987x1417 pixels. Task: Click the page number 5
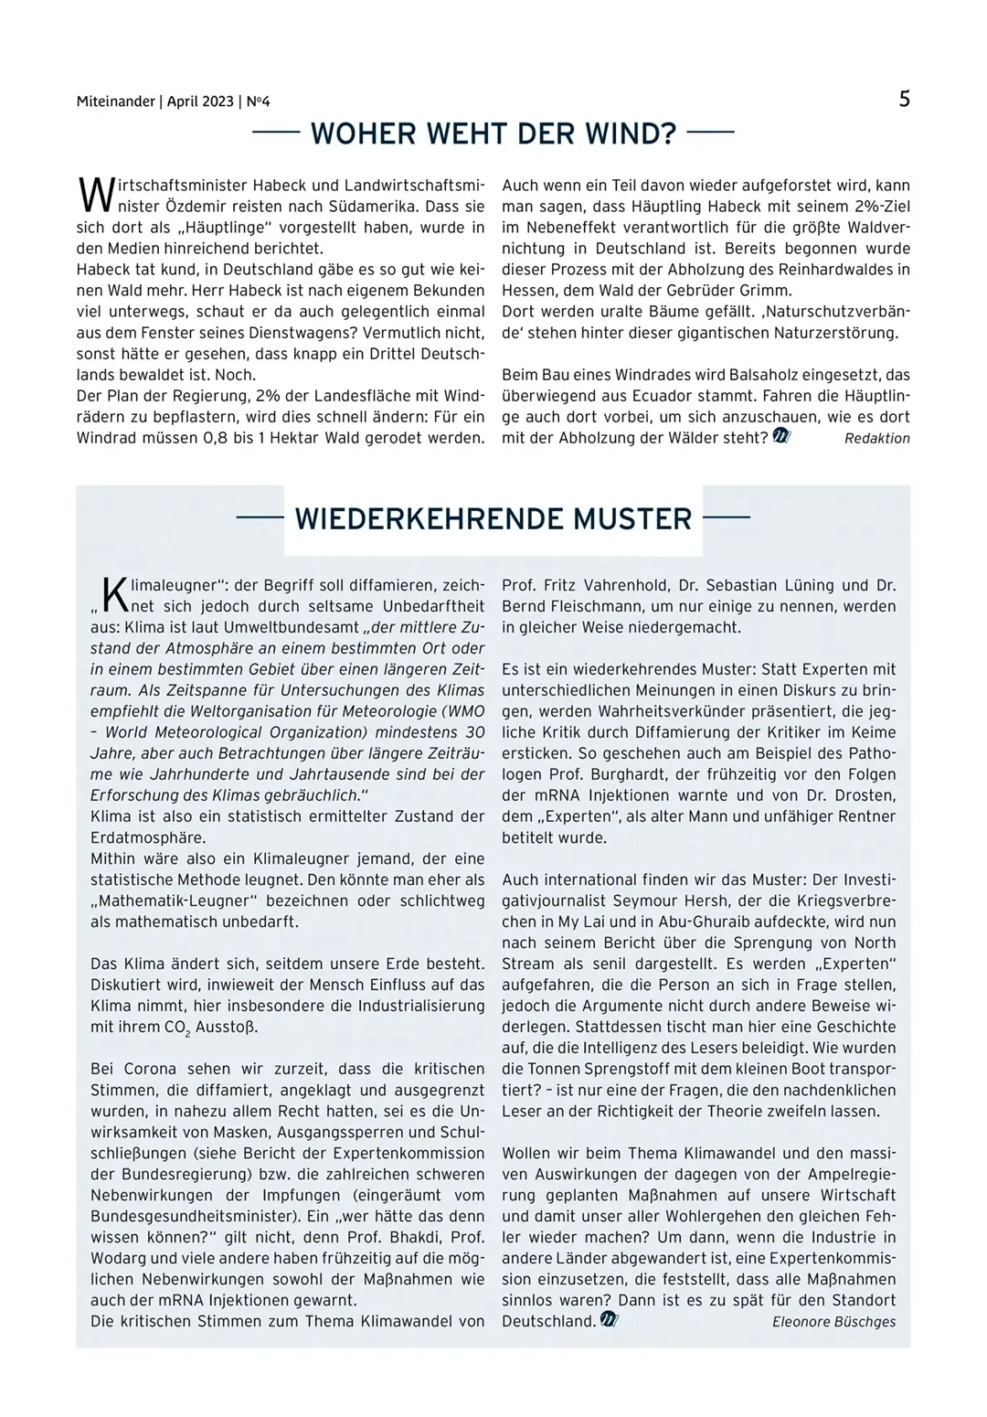pyautogui.click(x=904, y=100)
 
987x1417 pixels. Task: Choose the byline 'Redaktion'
pyautogui.click(x=876, y=439)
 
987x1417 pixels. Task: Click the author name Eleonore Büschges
pyautogui.click(x=833, y=1322)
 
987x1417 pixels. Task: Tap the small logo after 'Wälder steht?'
pyautogui.click(x=781, y=437)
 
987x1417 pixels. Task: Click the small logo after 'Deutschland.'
pyautogui.click(x=610, y=1320)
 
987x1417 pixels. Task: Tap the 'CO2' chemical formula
pyautogui.click(x=175, y=1028)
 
